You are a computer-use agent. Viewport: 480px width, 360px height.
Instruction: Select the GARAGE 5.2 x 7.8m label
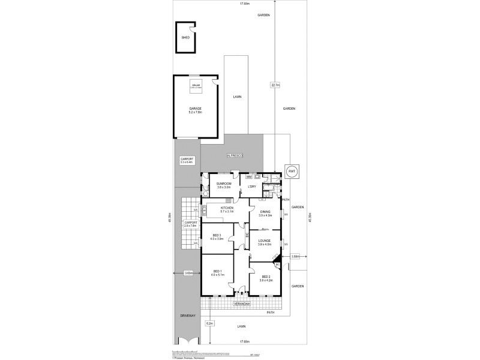(195, 110)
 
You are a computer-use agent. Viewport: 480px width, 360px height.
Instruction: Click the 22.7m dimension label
(275, 85)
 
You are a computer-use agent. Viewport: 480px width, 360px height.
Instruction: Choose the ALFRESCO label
(234, 155)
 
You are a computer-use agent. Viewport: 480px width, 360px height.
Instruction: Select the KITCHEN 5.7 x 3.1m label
(226, 209)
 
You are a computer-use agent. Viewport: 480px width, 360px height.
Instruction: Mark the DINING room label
(265, 213)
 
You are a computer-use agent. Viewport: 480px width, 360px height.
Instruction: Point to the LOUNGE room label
(265, 242)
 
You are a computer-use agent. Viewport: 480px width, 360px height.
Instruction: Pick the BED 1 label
(217, 273)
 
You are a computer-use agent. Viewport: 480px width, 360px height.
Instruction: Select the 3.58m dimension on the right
(295, 256)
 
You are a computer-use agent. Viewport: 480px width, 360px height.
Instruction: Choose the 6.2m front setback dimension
(209, 323)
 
